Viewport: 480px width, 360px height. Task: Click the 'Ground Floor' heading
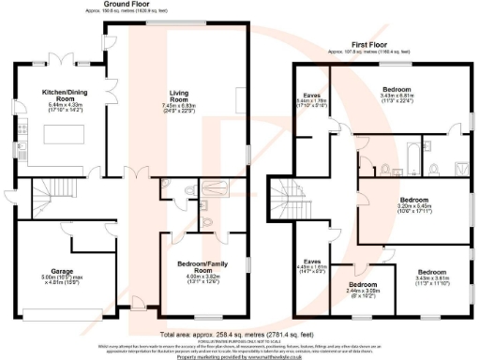coord(129,5)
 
